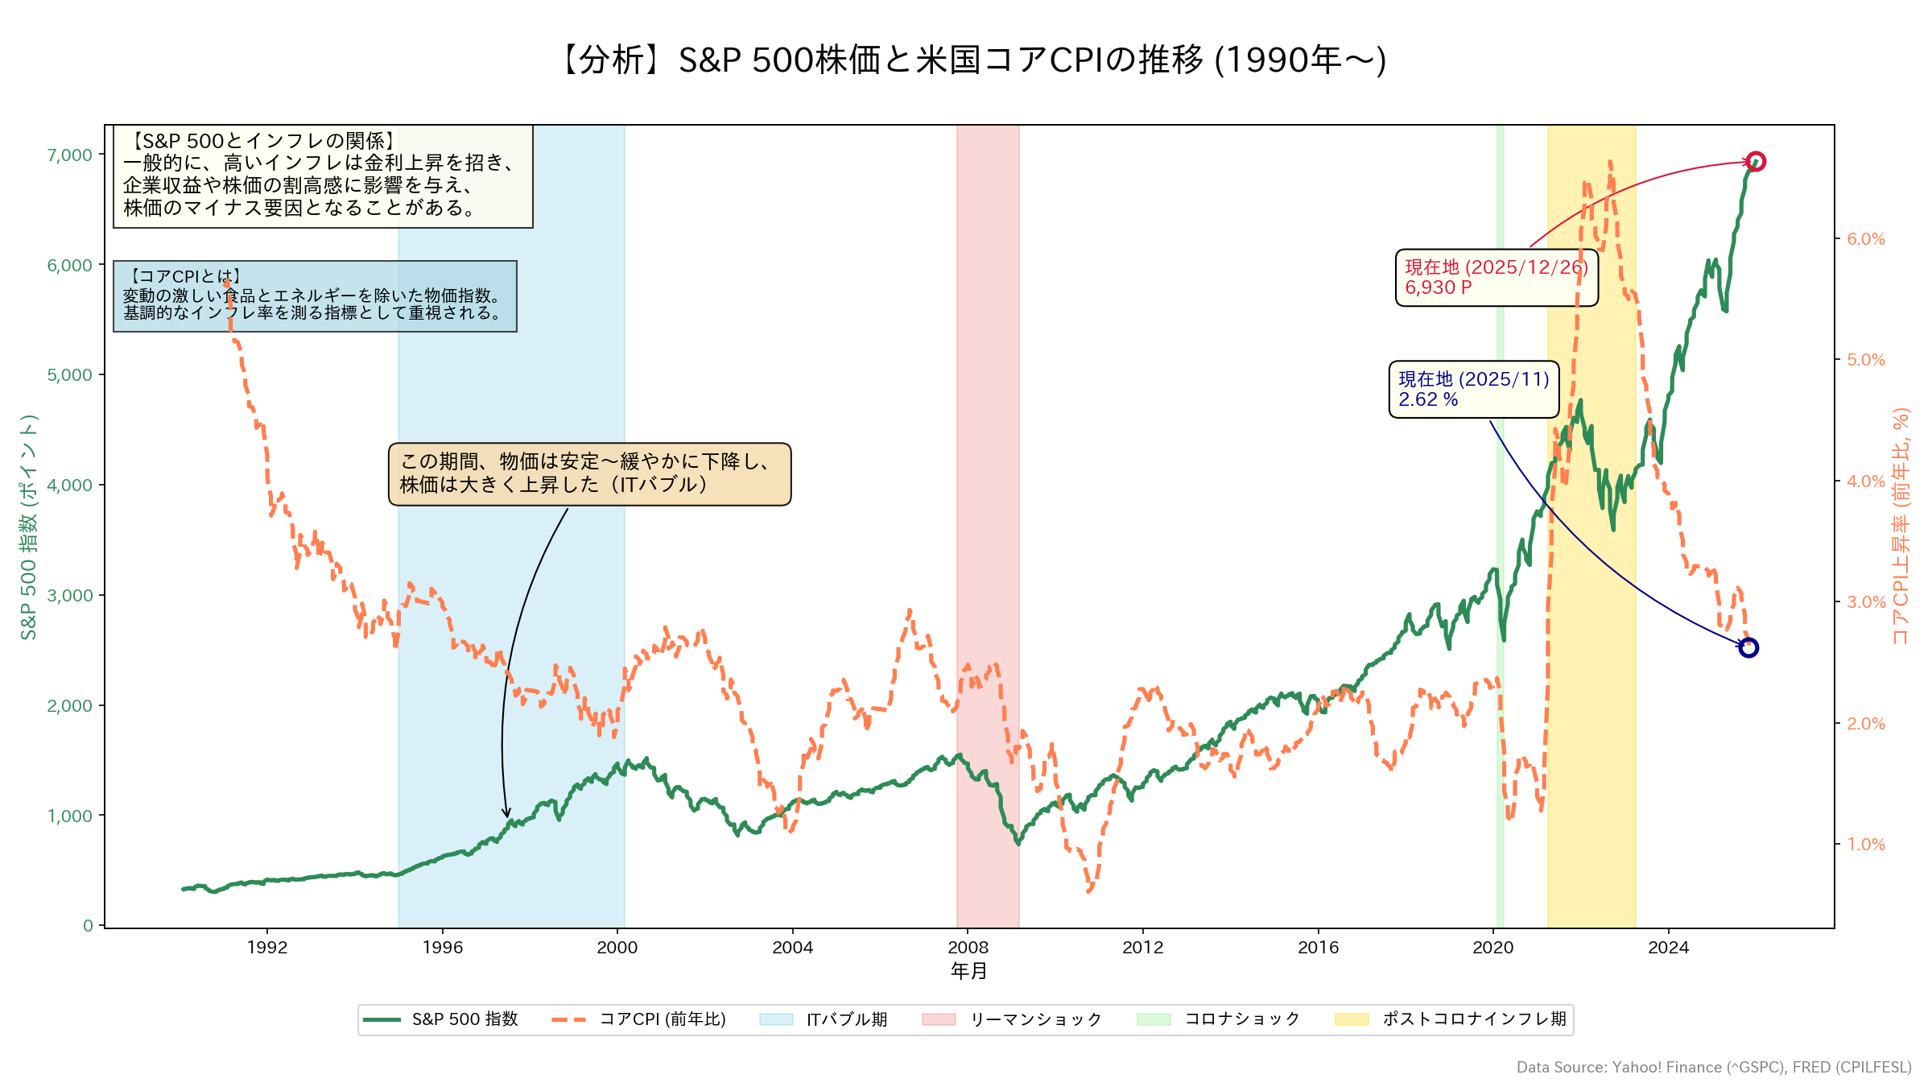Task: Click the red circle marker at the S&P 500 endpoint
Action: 1756,162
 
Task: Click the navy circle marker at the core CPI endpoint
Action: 1748,647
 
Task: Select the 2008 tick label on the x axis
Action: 968,948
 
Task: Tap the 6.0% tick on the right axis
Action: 1866,239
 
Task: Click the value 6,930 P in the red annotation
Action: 1439,287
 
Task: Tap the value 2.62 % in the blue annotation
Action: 1428,399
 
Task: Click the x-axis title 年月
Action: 968,971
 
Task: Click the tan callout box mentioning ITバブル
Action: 589,473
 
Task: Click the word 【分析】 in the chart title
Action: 612,60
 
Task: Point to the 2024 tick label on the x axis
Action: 1668,948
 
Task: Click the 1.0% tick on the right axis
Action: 1866,845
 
